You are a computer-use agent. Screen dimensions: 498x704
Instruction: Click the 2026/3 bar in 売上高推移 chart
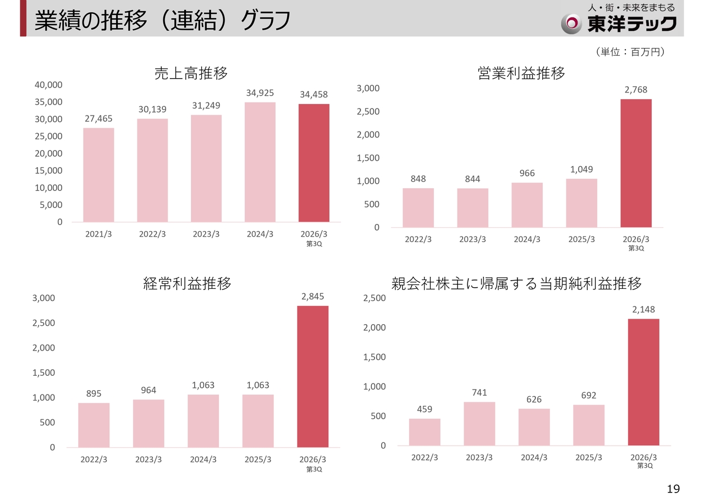(314, 163)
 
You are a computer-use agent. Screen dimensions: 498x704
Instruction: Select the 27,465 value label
(99, 118)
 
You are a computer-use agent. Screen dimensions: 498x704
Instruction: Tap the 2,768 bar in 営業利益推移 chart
(636, 163)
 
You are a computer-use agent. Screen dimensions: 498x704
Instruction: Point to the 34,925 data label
(260, 92)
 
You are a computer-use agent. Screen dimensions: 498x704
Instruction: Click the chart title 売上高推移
(191, 73)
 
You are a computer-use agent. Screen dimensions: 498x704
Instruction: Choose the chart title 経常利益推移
(187, 283)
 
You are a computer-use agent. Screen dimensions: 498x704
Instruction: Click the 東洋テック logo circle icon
(572, 23)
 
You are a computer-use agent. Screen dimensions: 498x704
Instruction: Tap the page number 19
(673, 489)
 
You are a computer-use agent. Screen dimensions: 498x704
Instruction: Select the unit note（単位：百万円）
(630, 52)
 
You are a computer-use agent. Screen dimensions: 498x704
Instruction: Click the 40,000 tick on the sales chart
(49, 85)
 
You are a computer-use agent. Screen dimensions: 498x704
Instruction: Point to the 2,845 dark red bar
(312, 376)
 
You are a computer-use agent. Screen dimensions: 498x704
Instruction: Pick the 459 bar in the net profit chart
(425, 432)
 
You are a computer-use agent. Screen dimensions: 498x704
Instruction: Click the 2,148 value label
(643, 310)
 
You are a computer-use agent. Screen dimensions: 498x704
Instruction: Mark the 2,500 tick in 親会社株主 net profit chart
(375, 298)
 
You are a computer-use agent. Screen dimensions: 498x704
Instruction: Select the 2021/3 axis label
(98, 234)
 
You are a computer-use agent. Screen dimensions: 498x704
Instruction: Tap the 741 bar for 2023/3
(479, 424)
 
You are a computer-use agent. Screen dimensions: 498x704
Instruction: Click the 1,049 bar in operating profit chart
(581, 203)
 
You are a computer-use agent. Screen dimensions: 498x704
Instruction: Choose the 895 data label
(94, 393)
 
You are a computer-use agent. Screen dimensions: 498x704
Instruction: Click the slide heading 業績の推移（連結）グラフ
(162, 21)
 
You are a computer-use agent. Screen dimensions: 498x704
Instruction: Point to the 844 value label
(472, 179)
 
